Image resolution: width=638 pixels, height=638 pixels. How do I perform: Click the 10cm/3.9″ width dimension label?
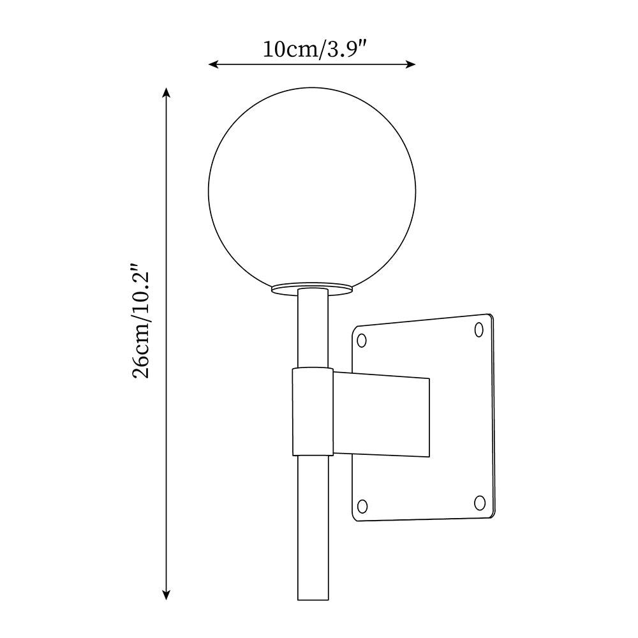point(313,49)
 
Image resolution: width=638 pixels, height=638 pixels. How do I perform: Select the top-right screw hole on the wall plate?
point(480,329)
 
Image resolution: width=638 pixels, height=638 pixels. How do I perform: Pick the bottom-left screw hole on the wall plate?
point(362,507)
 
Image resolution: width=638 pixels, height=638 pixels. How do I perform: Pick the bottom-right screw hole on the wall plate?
point(480,503)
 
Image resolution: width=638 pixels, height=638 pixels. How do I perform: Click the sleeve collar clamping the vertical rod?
point(312,412)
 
